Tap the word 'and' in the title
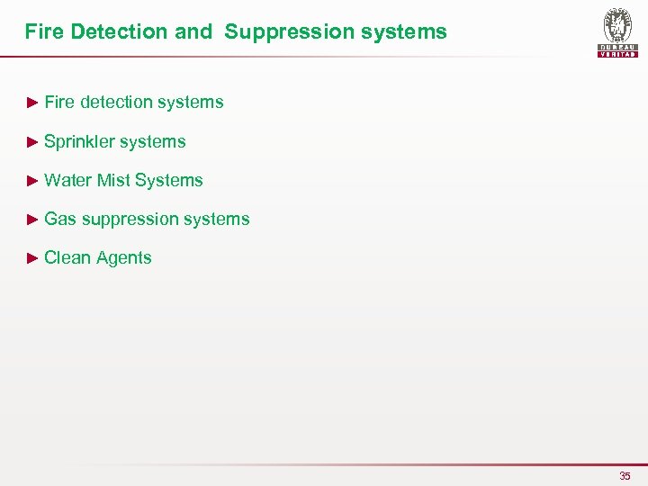(x=193, y=32)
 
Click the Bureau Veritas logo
(x=618, y=32)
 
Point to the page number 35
(x=625, y=475)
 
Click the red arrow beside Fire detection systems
(x=32, y=103)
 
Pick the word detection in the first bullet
(x=116, y=103)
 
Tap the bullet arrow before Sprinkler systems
(x=32, y=141)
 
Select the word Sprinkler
(x=78, y=141)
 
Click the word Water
(x=67, y=180)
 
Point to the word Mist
(x=113, y=180)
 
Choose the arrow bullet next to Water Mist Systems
(x=32, y=180)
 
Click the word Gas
(x=60, y=219)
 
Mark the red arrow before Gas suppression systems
(x=32, y=219)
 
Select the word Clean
(x=67, y=257)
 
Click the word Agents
(x=123, y=257)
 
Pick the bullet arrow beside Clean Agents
(x=32, y=257)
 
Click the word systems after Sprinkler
(x=152, y=141)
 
